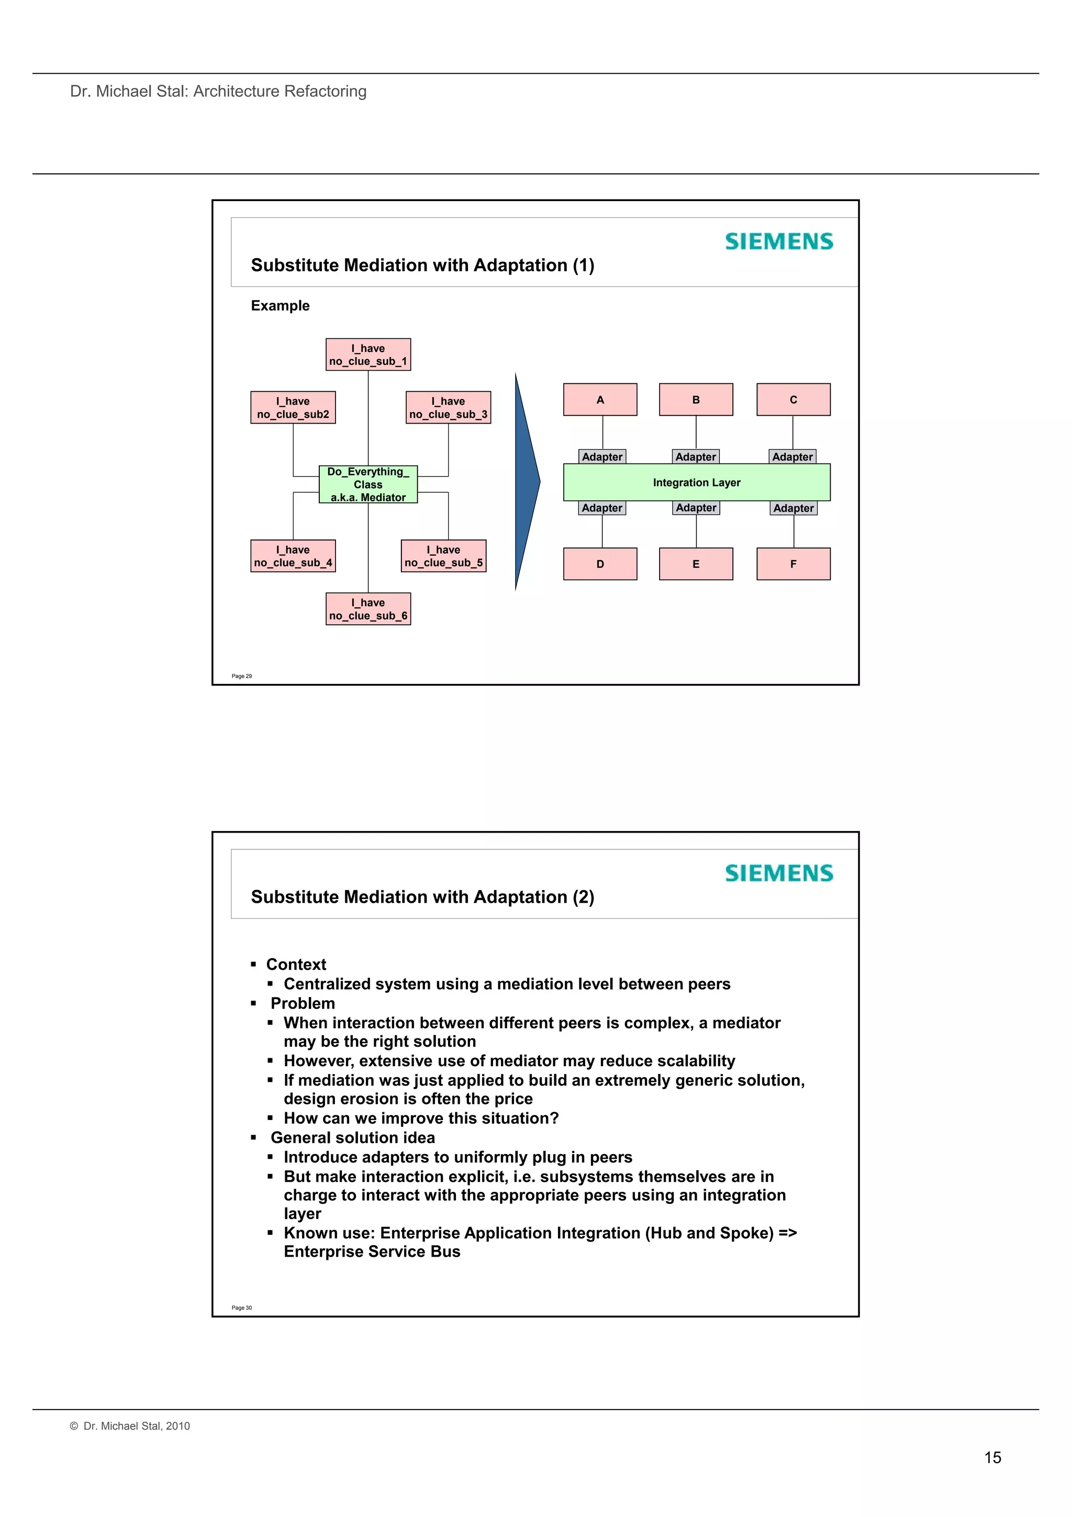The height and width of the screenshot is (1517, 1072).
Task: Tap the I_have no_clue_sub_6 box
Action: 368,608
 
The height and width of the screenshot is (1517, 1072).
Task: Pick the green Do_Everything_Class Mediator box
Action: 368,484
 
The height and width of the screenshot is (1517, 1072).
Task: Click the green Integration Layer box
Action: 696,482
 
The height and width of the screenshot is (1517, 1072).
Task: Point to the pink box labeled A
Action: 600,400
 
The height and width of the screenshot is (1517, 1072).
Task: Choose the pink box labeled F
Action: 792,563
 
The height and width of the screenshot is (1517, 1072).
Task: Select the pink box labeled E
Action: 696,563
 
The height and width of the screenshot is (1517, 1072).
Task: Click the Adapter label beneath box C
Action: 792,457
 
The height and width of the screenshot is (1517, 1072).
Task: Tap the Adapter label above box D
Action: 602,508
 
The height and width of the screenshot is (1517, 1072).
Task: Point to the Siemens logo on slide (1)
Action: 779,241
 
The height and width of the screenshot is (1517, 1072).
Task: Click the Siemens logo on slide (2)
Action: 779,873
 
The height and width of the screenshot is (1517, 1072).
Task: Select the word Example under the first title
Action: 280,305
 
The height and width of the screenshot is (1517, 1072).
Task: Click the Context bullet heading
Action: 296,964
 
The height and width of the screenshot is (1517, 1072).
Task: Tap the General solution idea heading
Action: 353,1137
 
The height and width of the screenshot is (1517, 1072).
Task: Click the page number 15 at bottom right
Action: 992,1457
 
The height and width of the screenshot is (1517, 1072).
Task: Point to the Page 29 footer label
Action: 242,676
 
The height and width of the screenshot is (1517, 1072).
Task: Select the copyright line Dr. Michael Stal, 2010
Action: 130,1426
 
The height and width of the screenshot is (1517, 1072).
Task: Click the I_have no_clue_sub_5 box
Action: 443,556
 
